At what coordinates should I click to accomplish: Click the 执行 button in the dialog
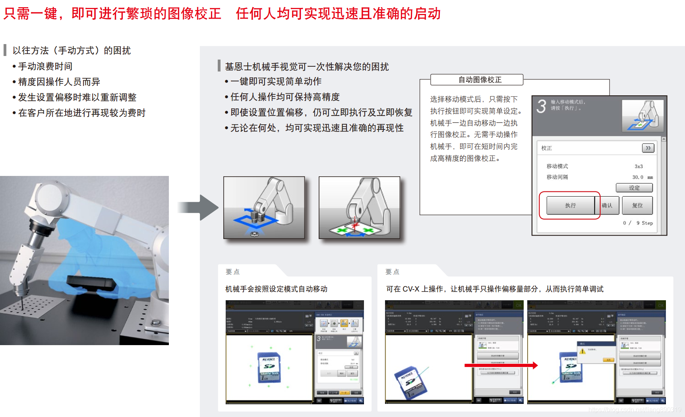[570, 205]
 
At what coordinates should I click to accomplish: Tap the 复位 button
[637, 205]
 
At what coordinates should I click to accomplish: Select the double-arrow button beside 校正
[648, 148]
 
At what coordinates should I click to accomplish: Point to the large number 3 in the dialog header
[541, 106]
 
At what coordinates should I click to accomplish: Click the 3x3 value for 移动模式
[639, 166]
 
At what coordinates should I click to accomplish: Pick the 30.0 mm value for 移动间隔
[642, 177]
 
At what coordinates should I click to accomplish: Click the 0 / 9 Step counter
[637, 223]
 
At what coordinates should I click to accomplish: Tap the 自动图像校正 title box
[480, 80]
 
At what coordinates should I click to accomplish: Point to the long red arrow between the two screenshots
[501, 365]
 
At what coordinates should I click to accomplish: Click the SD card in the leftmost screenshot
[269, 367]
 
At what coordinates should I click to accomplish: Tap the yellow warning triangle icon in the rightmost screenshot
[582, 351]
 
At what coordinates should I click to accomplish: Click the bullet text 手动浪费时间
[45, 66]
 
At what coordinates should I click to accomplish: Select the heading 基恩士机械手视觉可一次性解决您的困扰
[306, 67]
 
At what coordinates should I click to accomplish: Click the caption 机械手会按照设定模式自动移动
[276, 289]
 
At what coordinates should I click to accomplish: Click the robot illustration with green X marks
[359, 208]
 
